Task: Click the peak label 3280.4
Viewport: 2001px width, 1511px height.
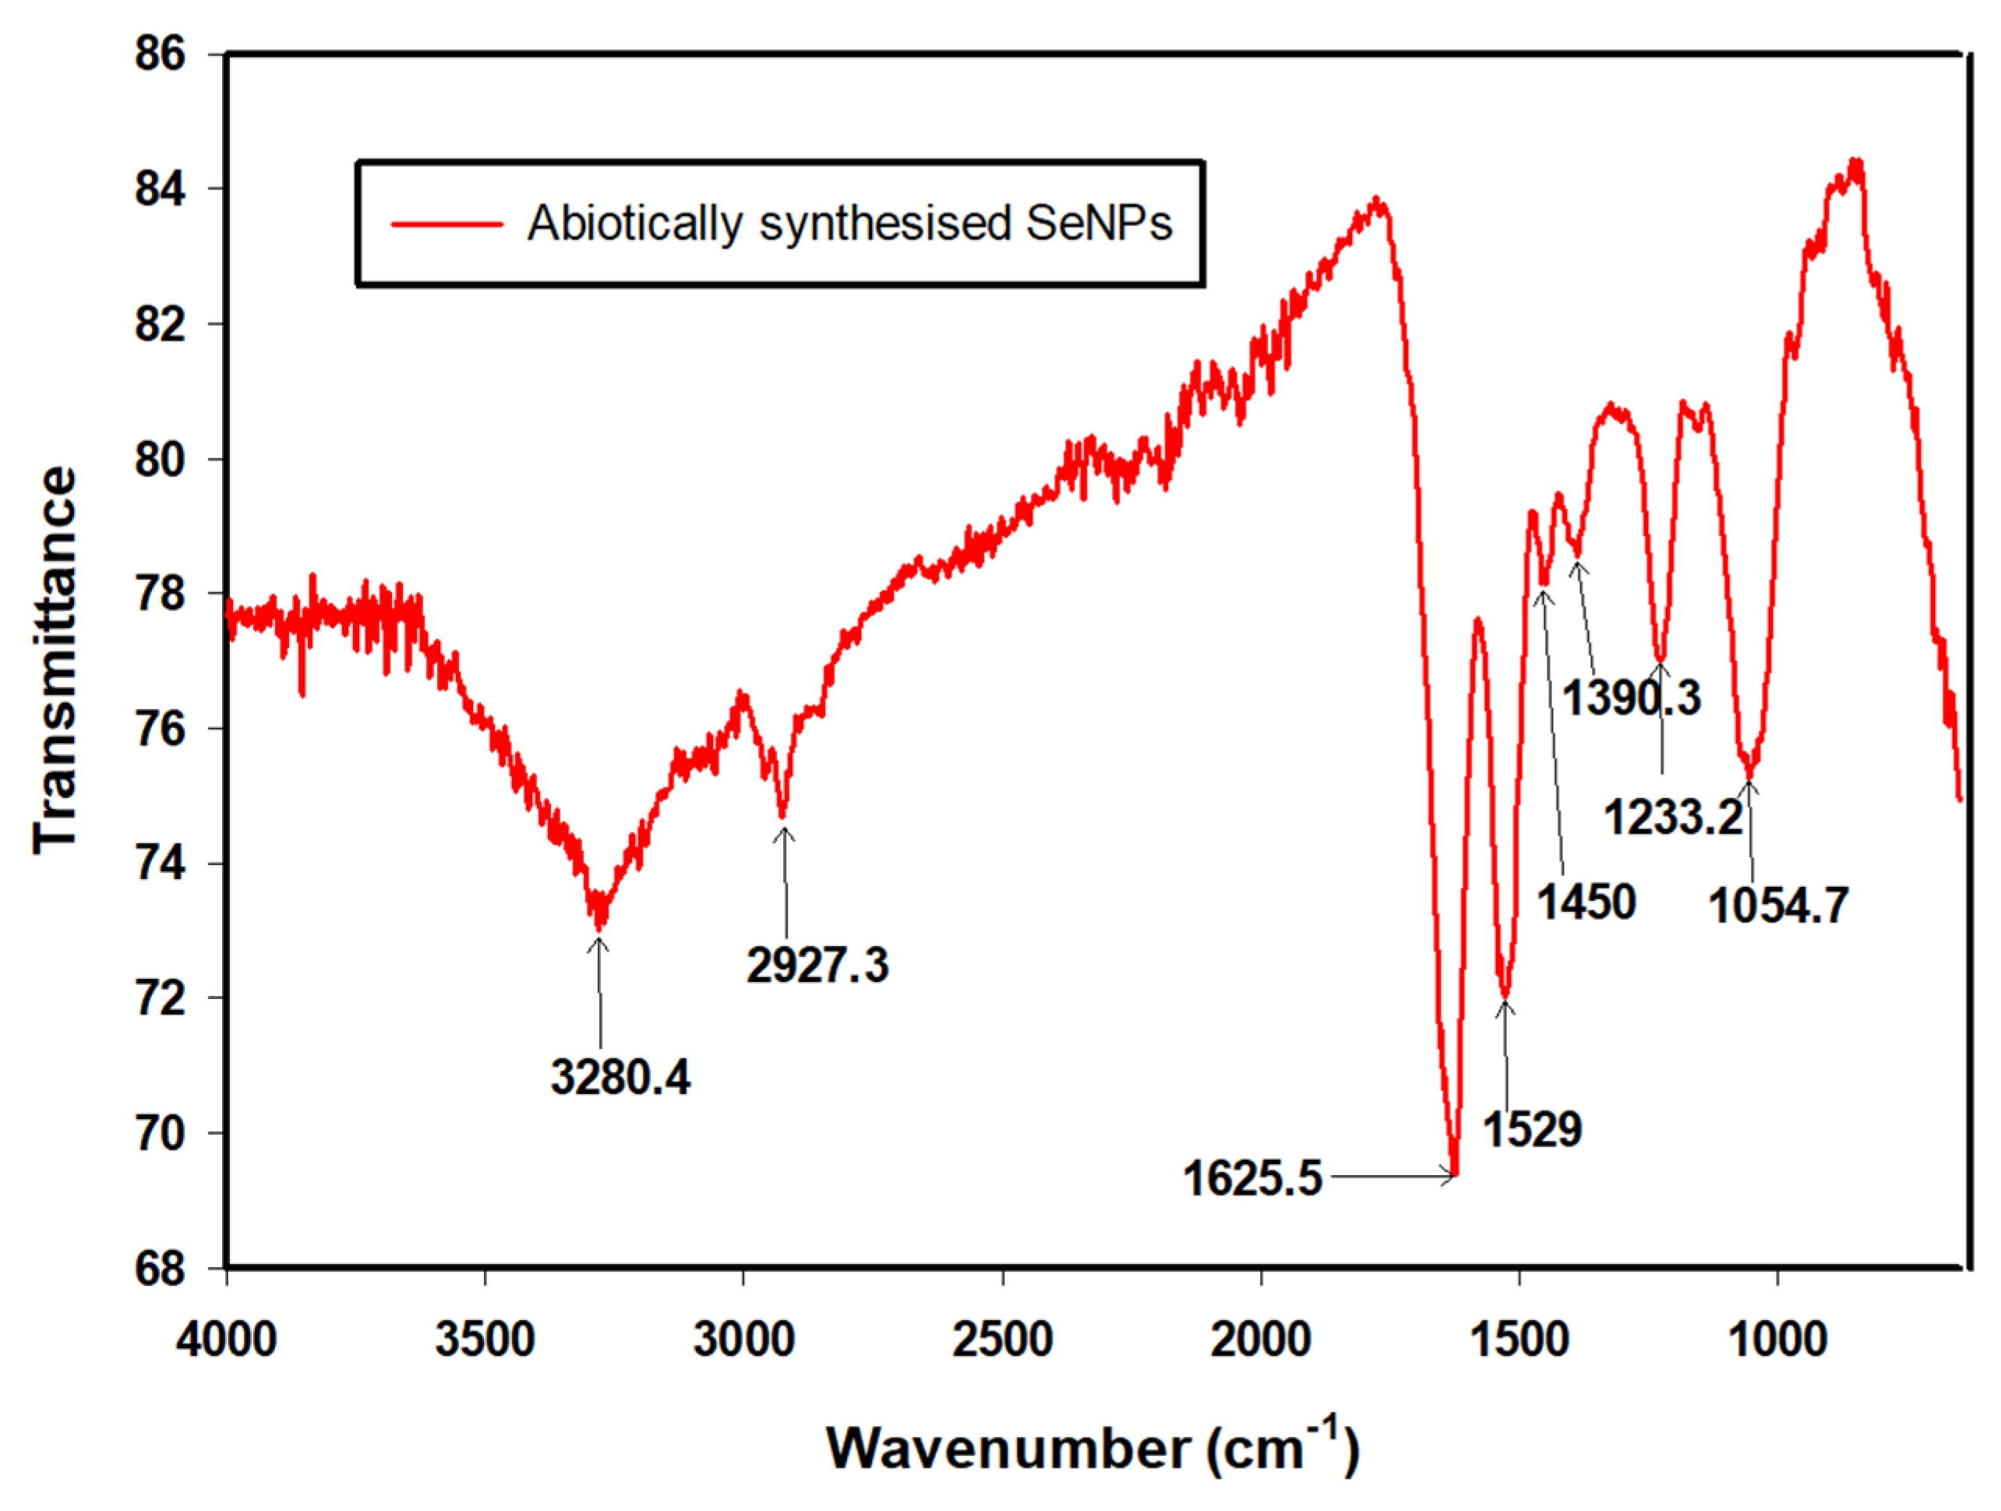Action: point(619,1077)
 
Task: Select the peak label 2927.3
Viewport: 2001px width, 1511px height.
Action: point(817,965)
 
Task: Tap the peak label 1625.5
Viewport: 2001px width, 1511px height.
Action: point(1252,1178)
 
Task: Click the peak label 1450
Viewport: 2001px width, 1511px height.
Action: point(1586,902)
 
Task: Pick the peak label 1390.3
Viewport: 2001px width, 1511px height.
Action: point(1632,697)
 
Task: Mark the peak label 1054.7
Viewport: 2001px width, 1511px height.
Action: point(1778,905)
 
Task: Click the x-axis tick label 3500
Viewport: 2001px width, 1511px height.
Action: point(485,1340)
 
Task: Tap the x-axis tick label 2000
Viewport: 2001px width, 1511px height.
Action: point(1261,1340)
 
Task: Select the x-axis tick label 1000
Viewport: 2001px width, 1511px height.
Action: point(1777,1340)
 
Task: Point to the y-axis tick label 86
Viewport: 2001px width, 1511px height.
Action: point(159,55)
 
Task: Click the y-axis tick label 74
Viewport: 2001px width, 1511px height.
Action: point(159,863)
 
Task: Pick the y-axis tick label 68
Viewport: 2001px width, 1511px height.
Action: point(159,1269)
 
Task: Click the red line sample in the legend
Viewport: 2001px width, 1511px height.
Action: point(447,224)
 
